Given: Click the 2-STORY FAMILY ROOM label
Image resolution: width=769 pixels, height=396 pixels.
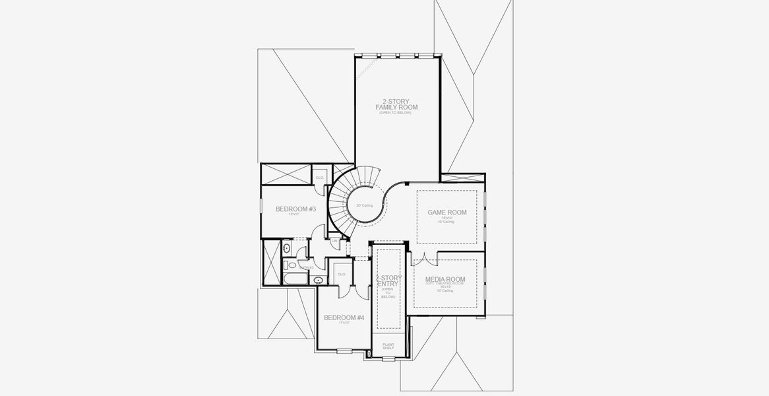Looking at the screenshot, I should pos(396,104).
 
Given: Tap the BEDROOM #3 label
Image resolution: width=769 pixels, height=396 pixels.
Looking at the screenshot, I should pos(295,209).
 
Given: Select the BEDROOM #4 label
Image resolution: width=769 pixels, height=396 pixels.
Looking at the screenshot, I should pos(344,317).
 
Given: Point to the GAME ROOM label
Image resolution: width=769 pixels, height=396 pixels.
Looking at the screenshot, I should pos(447,213).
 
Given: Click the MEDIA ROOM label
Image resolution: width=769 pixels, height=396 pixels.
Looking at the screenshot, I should pos(445,279).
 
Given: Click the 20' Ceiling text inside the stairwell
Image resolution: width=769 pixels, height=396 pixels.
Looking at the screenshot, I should pos(364,205).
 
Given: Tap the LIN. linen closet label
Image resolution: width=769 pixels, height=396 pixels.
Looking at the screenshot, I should pos(334,242).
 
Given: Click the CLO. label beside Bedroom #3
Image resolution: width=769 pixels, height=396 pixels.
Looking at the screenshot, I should pos(319,178).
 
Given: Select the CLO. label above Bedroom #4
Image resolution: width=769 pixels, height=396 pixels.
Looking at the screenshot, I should pos(342,274).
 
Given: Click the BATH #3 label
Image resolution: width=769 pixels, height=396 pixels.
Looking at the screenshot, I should pos(306,267).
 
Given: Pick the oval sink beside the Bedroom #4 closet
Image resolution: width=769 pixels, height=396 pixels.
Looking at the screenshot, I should pos(319,280).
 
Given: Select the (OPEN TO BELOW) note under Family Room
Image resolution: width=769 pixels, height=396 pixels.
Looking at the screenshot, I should pos(395,113).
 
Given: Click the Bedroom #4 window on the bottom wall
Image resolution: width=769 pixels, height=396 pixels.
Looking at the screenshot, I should pos(344,350).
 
